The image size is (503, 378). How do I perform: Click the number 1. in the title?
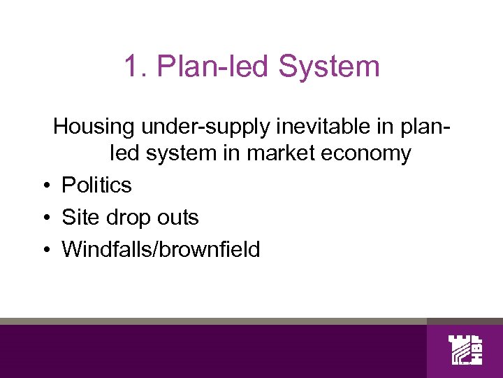pyautogui.click(x=135, y=67)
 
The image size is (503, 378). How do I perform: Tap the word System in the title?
pyautogui.click(x=329, y=67)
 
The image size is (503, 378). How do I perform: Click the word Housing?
pyautogui.click(x=94, y=127)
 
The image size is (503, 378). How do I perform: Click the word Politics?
pyautogui.click(x=96, y=185)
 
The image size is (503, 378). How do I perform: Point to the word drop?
pyautogui.click(x=129, y=218)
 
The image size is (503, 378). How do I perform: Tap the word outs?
pyautogui.click(x=179, y=217)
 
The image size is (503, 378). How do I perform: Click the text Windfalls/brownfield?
pyautogui.click(x=161, y=249)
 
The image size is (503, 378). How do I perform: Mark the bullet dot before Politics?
pyautogui.click(x=44, y=185)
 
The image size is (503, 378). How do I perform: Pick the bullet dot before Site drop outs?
pyautogui.click(x=44, y=218)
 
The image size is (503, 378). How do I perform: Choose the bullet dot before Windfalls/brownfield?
pyautogui.click(x=44, y=250)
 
